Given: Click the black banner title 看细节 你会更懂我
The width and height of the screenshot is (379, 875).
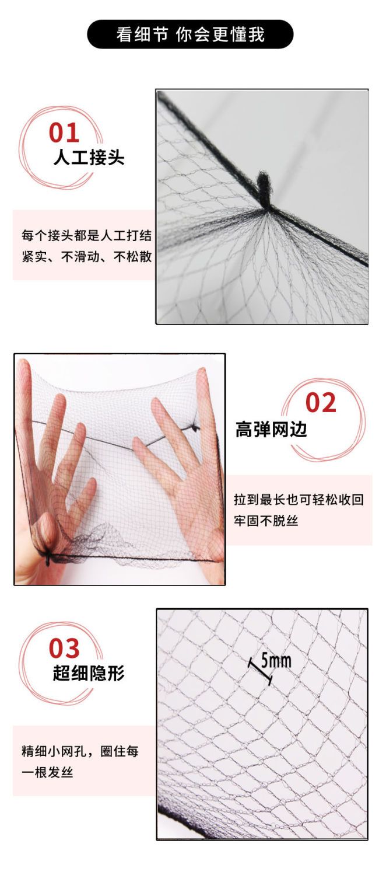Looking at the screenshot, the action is point(190,34).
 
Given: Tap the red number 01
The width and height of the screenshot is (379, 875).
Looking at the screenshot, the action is point(64,133).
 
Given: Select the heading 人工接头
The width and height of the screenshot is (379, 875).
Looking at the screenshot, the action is point(89,158).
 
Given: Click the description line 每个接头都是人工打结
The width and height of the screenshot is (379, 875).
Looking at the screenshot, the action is point(87,236).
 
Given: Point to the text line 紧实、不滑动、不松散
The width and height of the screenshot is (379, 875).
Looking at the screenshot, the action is point(87,257).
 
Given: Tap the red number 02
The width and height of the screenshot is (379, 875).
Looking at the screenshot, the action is point(321,402).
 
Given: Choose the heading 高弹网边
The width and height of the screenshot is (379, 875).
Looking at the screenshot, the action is point(271,429).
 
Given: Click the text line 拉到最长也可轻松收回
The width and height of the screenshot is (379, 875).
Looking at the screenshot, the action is point(299,500).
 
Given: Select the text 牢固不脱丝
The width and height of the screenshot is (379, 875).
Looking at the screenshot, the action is point(266,521).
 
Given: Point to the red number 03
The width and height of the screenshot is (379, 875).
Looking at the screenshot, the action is point(64,649).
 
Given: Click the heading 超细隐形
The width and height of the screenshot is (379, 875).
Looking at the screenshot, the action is point(89,673).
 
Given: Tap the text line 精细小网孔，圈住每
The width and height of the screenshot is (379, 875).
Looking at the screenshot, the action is point(80,751).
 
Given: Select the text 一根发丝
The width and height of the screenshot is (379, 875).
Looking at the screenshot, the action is point(47,772).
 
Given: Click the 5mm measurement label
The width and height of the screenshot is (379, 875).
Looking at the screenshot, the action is point(276,661).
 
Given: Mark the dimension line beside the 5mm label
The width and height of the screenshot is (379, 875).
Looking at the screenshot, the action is point(260,671).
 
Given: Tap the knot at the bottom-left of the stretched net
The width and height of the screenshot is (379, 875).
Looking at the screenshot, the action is point(48,559).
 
